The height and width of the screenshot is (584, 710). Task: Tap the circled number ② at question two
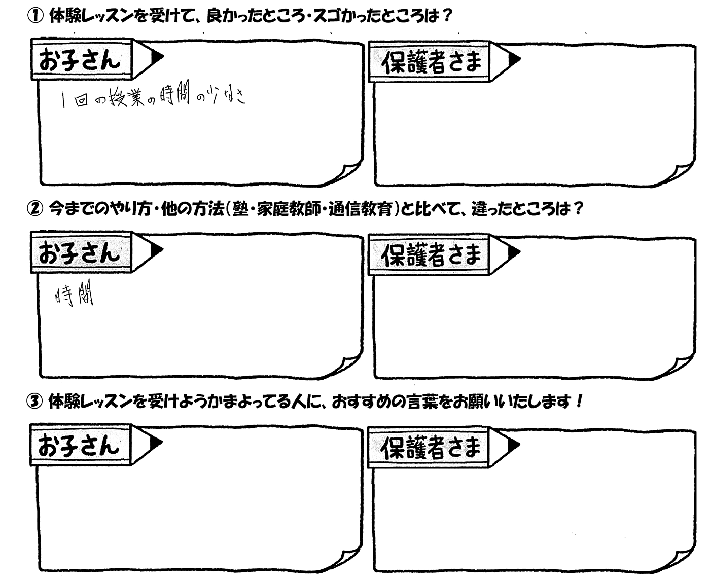35,209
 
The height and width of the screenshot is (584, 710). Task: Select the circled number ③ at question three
34,401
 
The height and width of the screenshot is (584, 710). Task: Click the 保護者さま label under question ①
432,62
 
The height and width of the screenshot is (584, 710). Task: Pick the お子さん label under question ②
80,253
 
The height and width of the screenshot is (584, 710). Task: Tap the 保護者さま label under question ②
431,255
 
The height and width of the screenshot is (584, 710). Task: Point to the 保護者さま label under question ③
431,448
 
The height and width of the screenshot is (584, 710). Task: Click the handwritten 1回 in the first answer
75,100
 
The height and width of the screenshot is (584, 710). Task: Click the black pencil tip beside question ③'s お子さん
155,442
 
